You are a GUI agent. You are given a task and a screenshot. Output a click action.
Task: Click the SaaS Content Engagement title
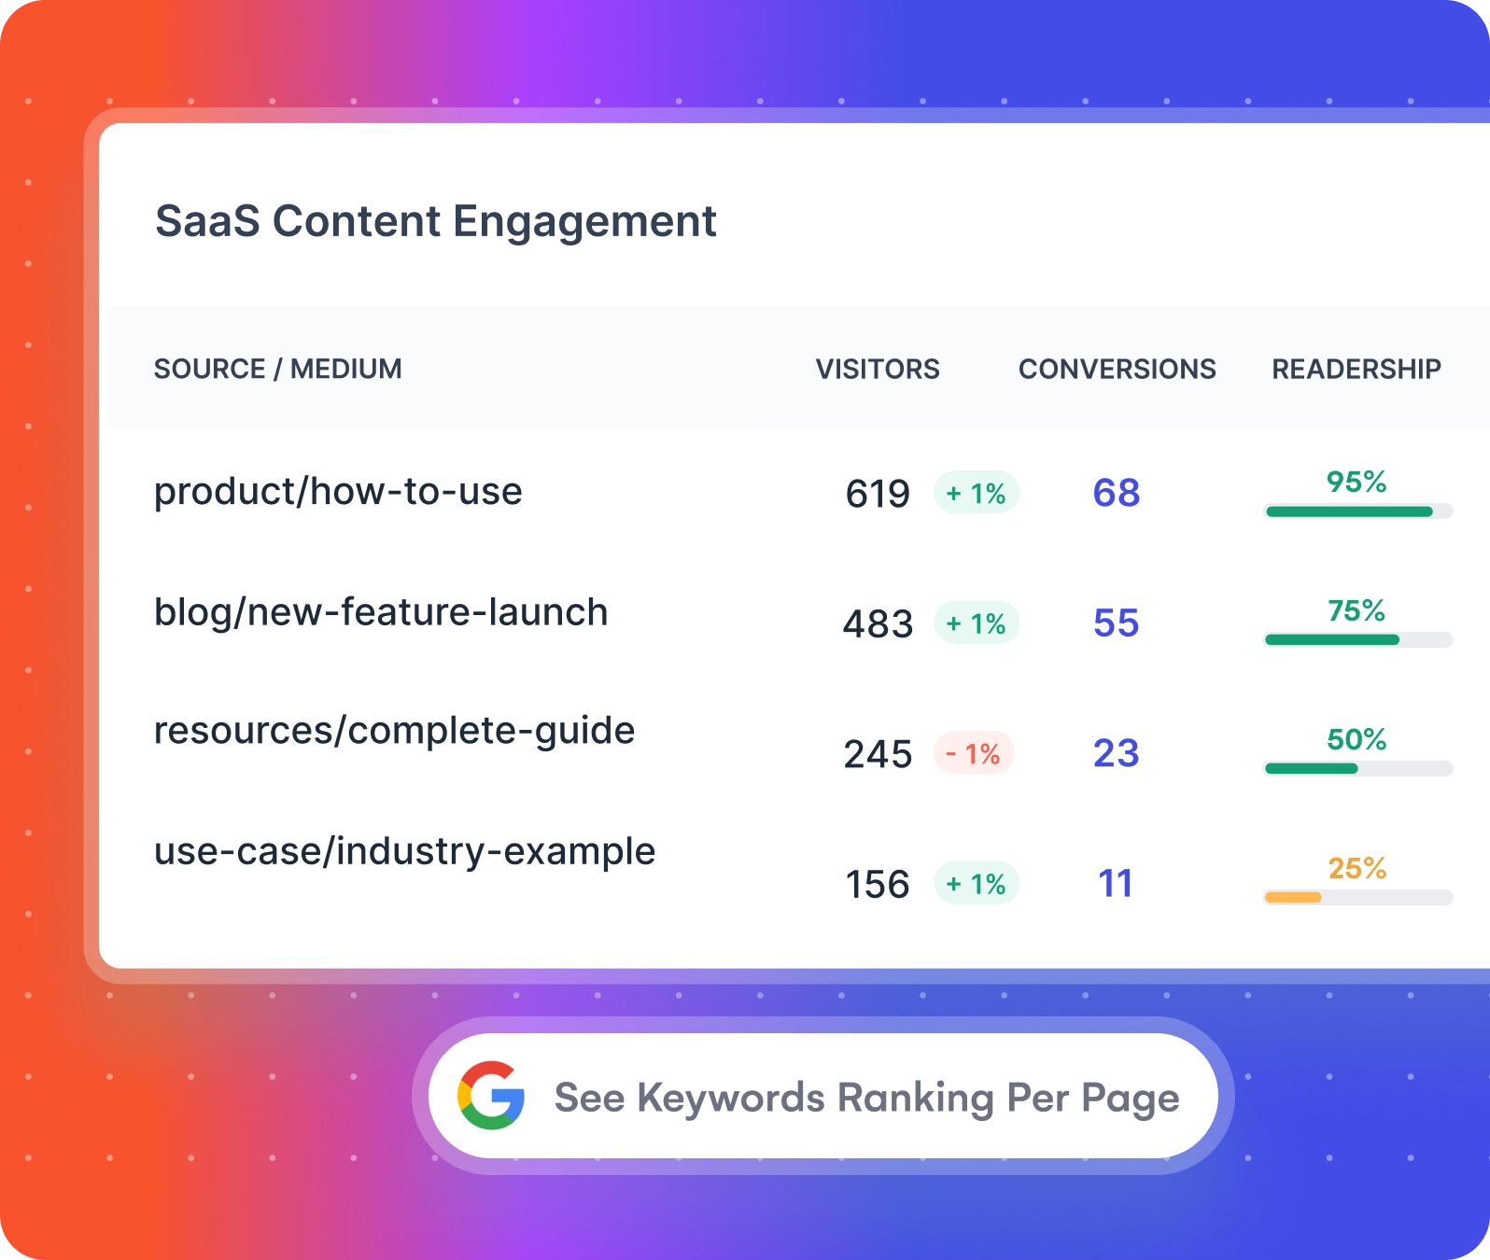pos(435,222)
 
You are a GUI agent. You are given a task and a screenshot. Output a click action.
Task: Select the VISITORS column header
pos(878,369)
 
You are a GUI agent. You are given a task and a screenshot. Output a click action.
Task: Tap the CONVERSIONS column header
pos(1117,369)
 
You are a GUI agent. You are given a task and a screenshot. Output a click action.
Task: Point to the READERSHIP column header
pos(1356,369)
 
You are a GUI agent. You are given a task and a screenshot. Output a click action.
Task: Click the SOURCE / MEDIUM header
pos(277,369)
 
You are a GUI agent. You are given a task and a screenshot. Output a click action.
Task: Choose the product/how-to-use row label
pos(338,492)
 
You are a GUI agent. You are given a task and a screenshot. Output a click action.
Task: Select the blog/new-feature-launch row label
pos(381,612)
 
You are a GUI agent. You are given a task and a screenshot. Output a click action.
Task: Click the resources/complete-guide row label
pos(394,731)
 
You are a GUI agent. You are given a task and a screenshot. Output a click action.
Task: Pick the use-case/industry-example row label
pos(404,851)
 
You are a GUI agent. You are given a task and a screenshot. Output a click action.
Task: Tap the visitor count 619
pos(878,494)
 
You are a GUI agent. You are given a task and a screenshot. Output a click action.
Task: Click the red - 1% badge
pos(974,753)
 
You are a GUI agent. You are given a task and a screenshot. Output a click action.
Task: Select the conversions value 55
pos(1117,623)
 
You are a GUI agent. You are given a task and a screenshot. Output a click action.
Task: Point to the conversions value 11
pos(1116,884)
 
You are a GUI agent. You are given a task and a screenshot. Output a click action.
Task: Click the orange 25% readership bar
pos(1293,898)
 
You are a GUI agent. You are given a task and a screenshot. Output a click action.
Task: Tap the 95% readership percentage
pos(1356,482)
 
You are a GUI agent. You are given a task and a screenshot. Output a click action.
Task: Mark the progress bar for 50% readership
pos(1357,769)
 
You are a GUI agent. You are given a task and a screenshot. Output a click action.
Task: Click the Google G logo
pos(491,1096)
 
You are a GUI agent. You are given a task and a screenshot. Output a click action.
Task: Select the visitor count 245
pos(878,754)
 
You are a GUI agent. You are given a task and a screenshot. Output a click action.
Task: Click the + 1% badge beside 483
pos(977,623)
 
